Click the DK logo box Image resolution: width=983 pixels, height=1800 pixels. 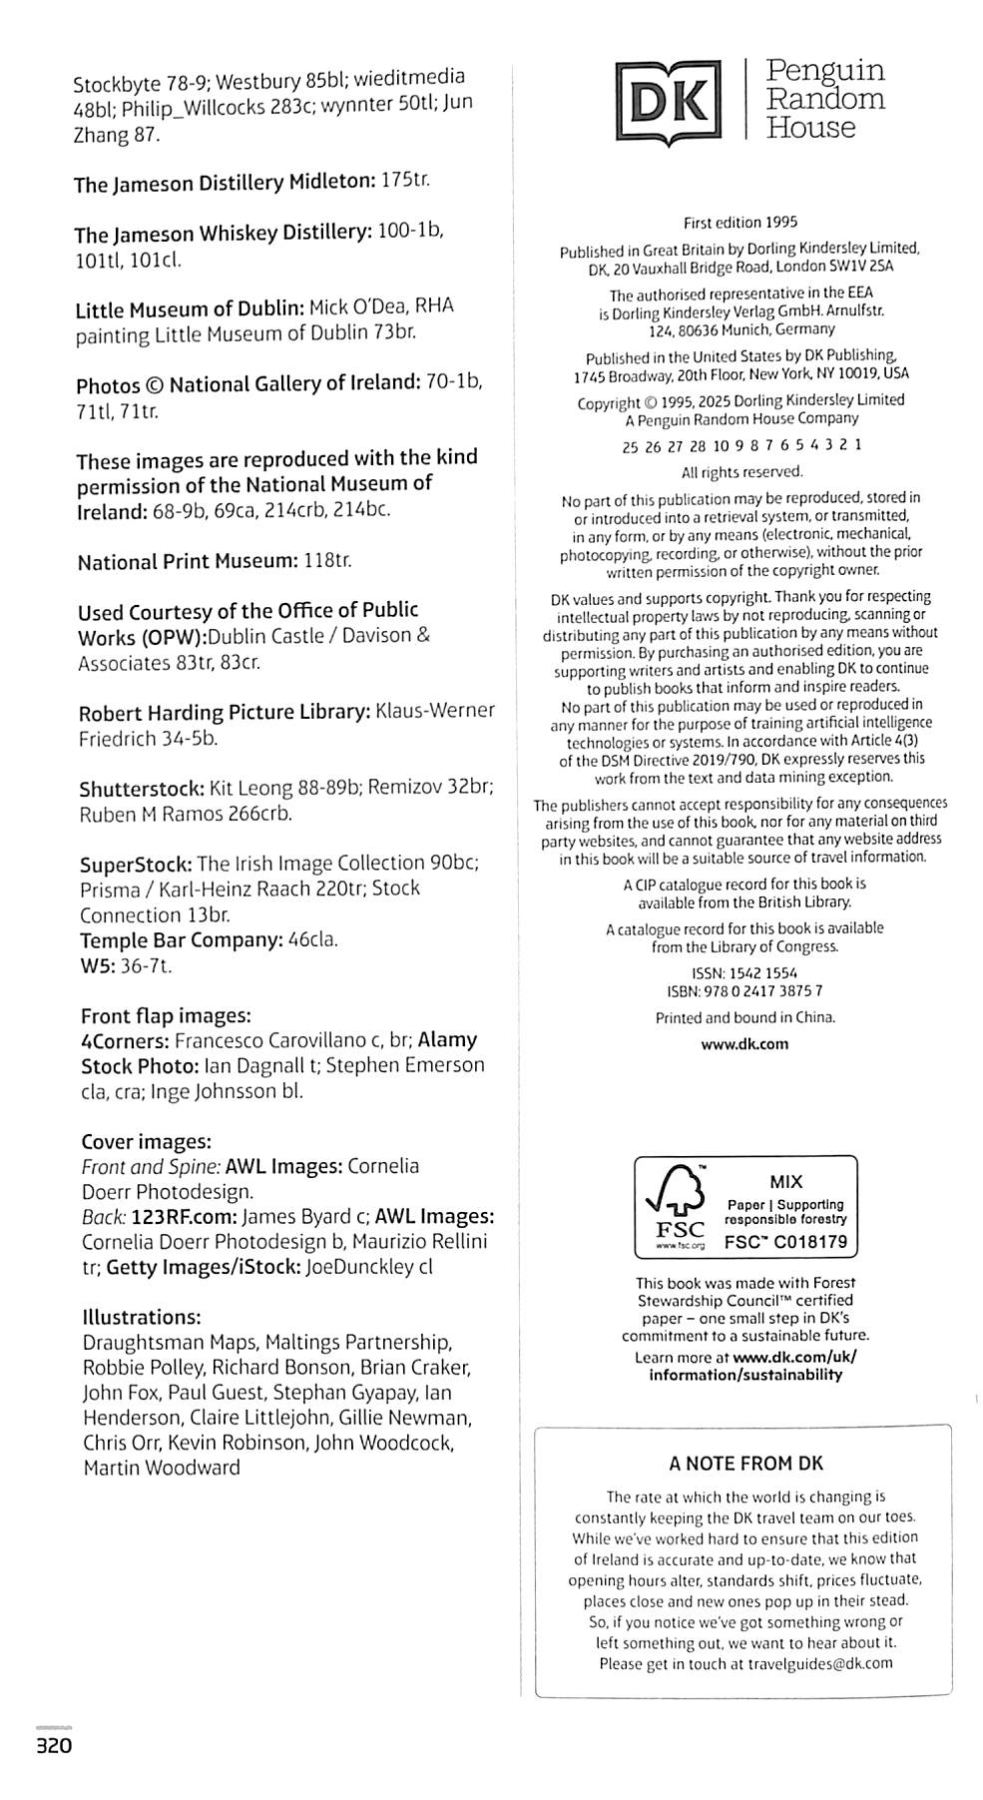click(x=668, y=100)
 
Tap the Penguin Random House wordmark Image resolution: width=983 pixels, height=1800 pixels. click(x=825, y=99)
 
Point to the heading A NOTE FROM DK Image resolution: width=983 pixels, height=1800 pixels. click(x=745, y=1464)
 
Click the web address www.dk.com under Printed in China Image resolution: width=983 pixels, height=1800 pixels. click(x=744, y=1044)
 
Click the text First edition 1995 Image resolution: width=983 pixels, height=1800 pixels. click(x=740, y=223)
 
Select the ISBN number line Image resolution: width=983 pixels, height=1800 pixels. click(x=744, y=991)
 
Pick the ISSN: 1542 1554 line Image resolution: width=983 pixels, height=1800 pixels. click(x=744, y=972)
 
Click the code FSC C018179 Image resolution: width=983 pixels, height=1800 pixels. click(x=785, y=1242)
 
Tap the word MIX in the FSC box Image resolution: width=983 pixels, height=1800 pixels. click(x=785, y=1181)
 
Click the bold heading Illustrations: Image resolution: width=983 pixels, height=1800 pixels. click(x=142, y=1317)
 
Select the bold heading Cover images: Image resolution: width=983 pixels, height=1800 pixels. click(x=146, y=1141)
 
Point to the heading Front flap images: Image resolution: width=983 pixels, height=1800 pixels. click(x=166, y=1015)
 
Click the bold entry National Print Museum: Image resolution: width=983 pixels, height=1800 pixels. click(x=188, y=562)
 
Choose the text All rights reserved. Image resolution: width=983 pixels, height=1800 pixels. click(x=741, y=472)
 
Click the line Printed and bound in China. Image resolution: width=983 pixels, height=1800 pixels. click(x=744, y=1018)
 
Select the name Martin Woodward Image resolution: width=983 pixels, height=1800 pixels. click(x=162, y=1468)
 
